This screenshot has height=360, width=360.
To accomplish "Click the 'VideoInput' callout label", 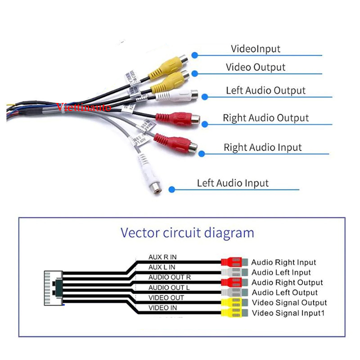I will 255,49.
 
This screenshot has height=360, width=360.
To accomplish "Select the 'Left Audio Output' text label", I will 265,90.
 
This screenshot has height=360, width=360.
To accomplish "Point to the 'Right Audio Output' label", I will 265,118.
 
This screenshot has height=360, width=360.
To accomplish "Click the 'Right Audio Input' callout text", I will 262,147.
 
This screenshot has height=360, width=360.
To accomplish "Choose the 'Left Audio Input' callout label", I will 232,183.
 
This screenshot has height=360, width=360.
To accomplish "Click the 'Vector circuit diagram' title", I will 187,233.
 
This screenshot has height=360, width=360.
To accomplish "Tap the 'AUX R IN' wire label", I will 162,257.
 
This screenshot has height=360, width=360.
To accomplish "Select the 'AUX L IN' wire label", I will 162,267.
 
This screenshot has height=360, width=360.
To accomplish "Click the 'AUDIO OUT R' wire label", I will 169,277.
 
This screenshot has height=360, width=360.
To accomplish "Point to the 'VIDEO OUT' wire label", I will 166,297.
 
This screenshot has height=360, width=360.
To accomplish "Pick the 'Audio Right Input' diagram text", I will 283,262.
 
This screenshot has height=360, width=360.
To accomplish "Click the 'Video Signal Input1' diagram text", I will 288,313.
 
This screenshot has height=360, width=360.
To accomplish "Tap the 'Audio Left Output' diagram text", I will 284,292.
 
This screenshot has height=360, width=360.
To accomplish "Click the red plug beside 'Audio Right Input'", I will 231,262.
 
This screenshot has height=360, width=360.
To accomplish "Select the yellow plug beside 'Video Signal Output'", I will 231,303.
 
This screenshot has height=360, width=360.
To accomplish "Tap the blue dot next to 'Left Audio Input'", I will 171,189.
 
